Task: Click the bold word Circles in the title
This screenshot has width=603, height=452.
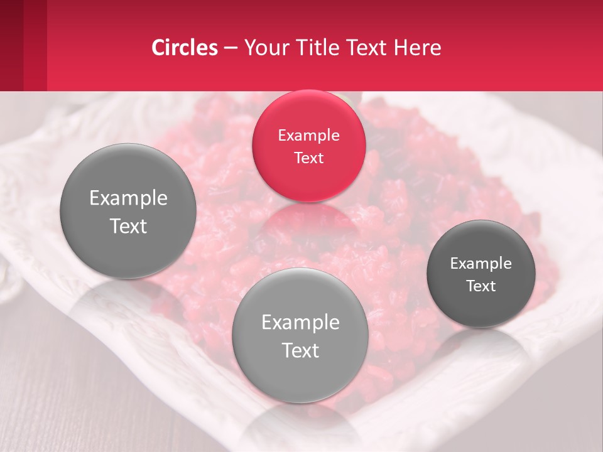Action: point(184,48)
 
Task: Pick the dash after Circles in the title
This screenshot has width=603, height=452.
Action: point(230,48)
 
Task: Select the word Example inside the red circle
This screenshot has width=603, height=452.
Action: point(308,135)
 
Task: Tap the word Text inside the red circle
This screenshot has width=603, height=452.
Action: point(308,158)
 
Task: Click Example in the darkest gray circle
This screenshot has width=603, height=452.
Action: point(481,263)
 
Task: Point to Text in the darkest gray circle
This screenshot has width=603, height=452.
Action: point(481,286)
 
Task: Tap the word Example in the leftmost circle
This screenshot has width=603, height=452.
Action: point(128,198)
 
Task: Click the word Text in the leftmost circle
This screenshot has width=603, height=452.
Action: point(128,226)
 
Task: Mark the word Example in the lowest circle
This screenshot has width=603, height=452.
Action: point(300,322)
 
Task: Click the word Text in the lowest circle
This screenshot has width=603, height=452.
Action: point(300,350)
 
